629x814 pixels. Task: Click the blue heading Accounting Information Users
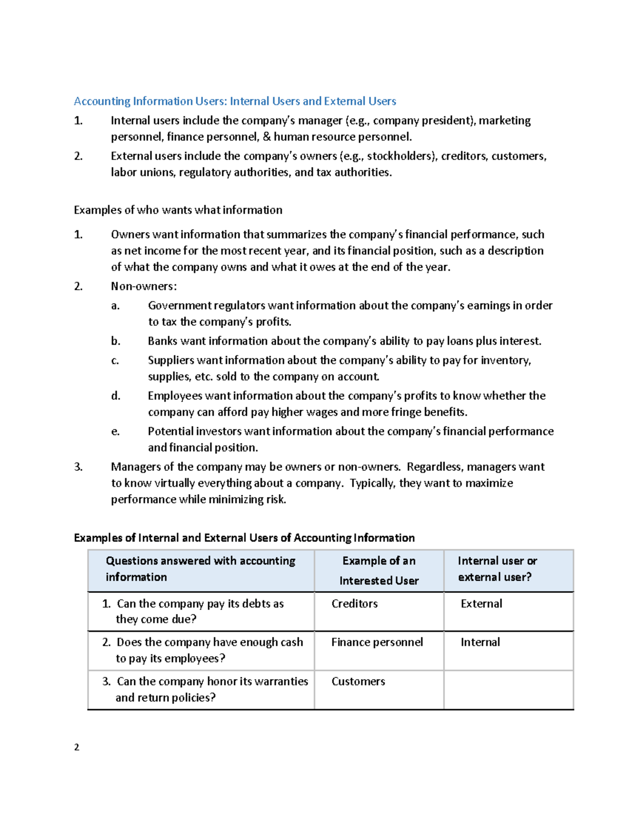(235, 101)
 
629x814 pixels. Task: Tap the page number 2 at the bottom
(77, 747)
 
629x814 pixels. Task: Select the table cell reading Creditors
(354, 604)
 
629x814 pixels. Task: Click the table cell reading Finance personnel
(377, 642)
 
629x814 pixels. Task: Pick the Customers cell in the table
(358, 681)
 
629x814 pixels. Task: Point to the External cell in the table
(481, 604)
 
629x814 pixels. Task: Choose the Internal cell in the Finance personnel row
(480, 642)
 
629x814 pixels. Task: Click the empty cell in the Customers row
(508, 690)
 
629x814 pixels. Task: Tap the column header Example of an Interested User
(378, 570)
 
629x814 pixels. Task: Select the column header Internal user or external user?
(497, 569)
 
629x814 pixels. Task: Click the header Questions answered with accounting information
(200, 569)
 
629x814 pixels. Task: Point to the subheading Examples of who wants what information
(178, 210)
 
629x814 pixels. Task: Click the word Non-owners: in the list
(144, 286)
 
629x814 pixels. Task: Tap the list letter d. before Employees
(115, 396)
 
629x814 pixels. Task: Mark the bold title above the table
(244, 538)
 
